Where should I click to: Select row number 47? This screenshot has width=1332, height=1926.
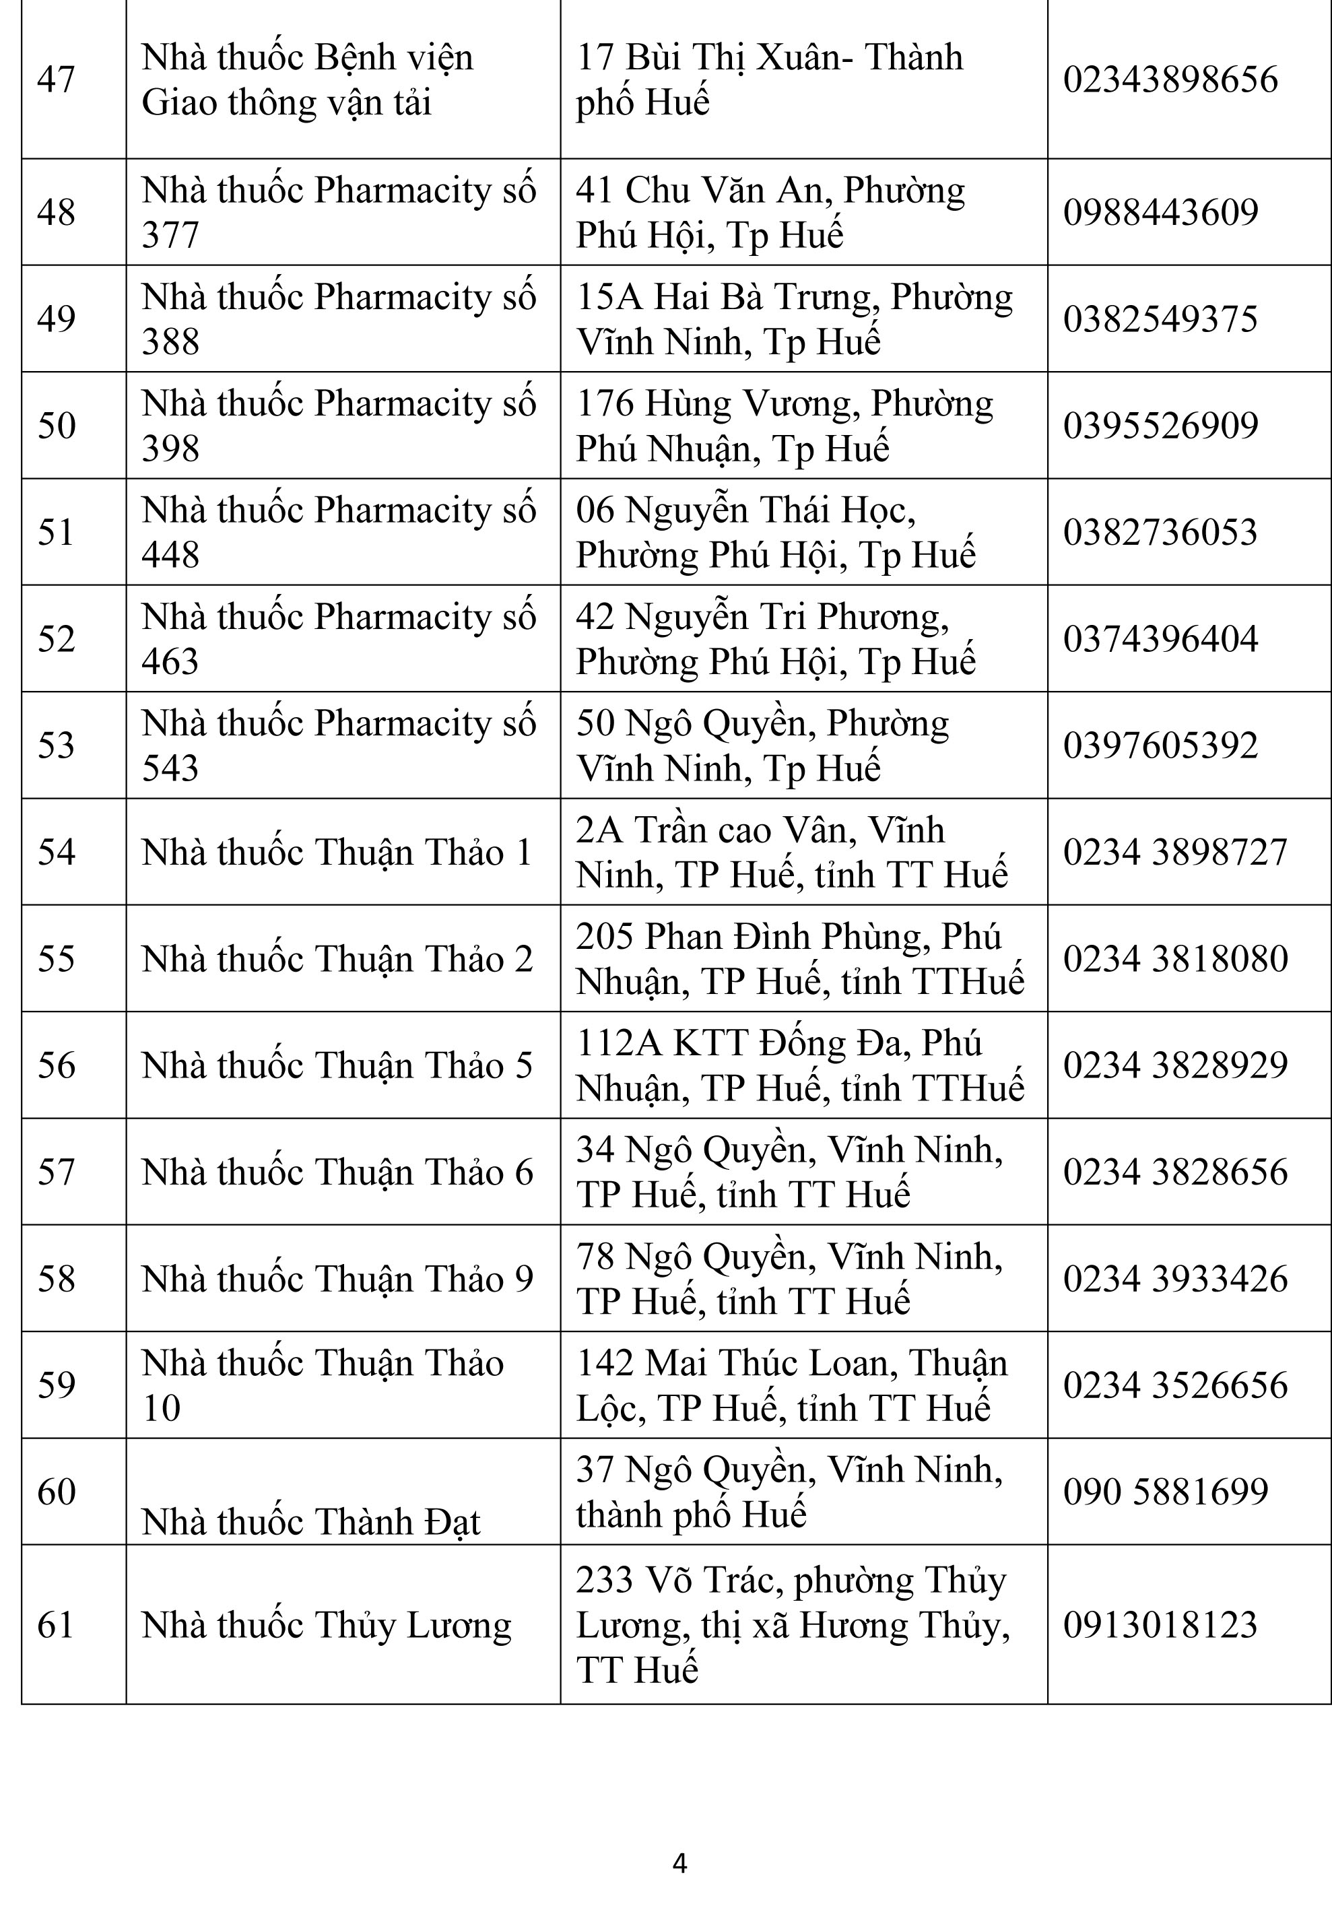click(56, 80)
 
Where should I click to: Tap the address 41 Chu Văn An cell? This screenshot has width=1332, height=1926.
click(770, 212)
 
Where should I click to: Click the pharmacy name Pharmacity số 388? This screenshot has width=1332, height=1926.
click(338, 319)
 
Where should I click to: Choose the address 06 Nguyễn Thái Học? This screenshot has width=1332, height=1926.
click(774, 531)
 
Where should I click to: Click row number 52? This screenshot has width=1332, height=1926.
click(56, 638)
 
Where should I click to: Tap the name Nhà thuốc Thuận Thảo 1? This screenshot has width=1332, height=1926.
click(336, 852)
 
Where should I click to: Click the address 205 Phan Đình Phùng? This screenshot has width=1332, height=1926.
click(799, 958)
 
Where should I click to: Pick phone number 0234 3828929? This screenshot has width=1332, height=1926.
click(1175, 1065)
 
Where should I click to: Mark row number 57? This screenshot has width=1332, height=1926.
click(56, 1172)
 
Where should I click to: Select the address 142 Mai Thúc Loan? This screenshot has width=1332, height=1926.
click(791, 1385)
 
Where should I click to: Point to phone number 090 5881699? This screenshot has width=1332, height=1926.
click(1165, 1491)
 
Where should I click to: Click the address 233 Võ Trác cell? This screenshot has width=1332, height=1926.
click(791, 1624)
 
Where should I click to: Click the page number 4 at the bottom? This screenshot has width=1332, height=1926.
click(679, 1863)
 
